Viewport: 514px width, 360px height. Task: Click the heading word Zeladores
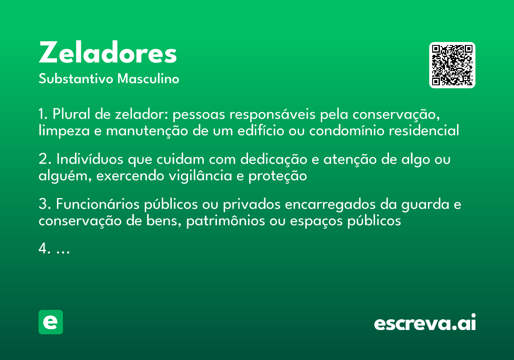point(108,54)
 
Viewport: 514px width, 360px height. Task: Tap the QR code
point(452,65)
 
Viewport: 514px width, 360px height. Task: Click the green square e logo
point(51,322)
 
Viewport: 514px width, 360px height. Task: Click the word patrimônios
point(226,221)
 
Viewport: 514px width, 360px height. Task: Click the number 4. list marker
point(45,249)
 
